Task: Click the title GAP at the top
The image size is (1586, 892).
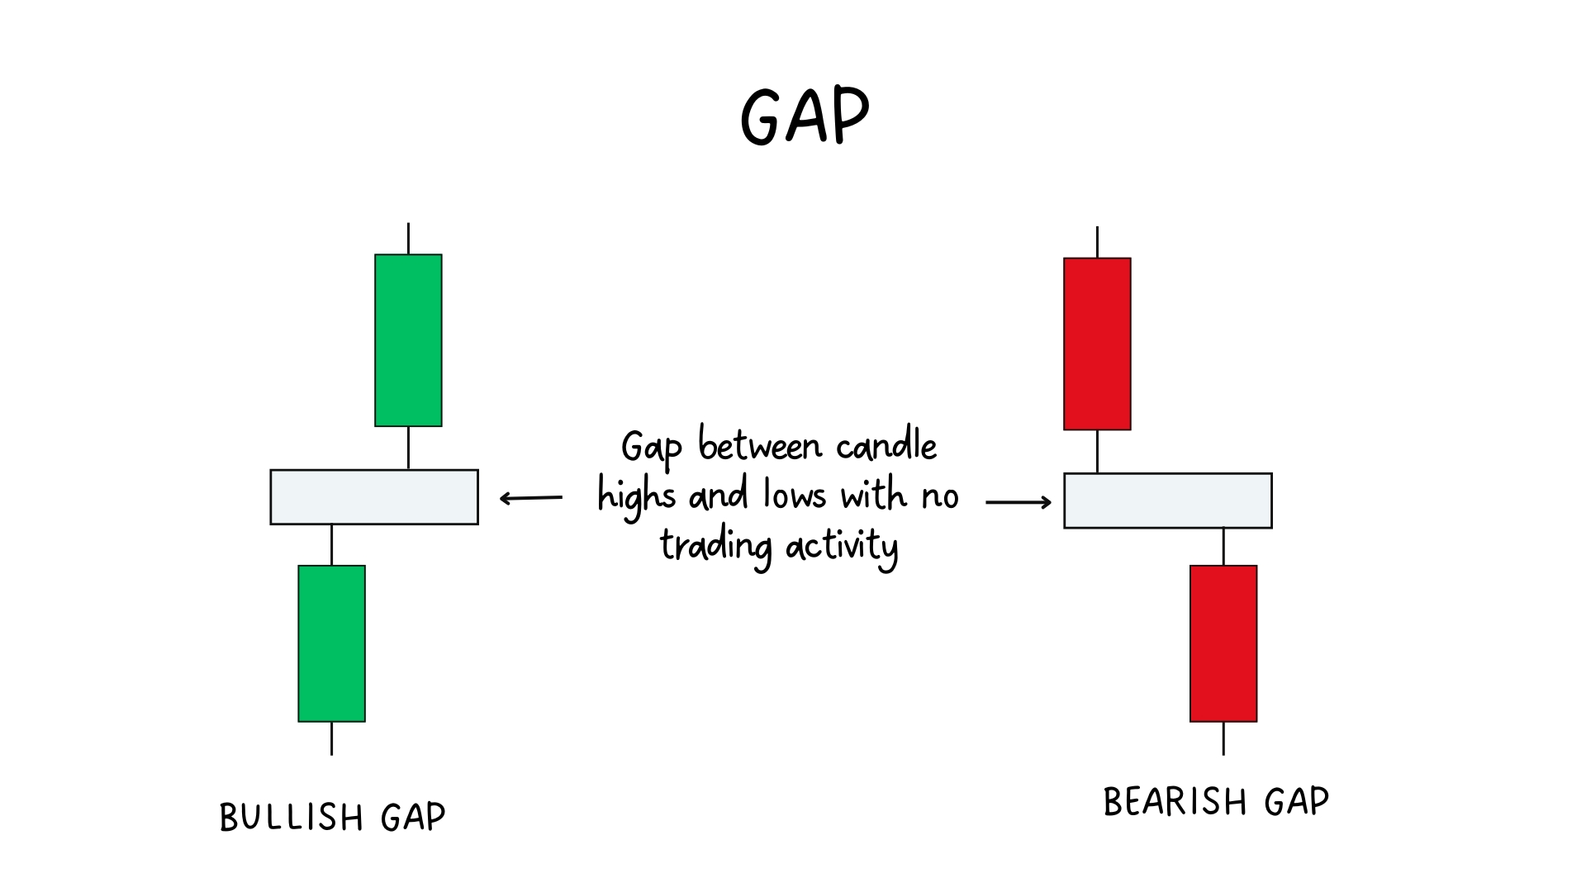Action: (805, 116)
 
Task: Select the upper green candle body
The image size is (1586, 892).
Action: (408, 340)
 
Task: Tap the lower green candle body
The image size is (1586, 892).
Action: (331, 643)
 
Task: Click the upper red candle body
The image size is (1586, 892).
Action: (1097, 344)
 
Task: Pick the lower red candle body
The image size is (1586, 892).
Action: (1223, 643)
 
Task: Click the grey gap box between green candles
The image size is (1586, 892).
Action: (374, 497)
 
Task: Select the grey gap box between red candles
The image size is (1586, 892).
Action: (1168, 501)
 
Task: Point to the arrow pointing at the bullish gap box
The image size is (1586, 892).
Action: (531, 498)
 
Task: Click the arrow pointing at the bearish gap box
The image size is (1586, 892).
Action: (1019, 501)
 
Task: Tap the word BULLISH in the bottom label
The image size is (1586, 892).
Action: (291, 818)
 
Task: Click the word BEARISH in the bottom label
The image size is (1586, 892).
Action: (1175, 802)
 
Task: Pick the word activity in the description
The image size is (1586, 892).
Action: (842, 547)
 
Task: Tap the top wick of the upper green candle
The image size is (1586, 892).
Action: (408, 238)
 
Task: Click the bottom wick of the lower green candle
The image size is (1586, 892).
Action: (331, 738)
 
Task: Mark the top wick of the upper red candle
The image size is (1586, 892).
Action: (1097, 242)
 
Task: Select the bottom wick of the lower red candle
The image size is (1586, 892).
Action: (1223, 738)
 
